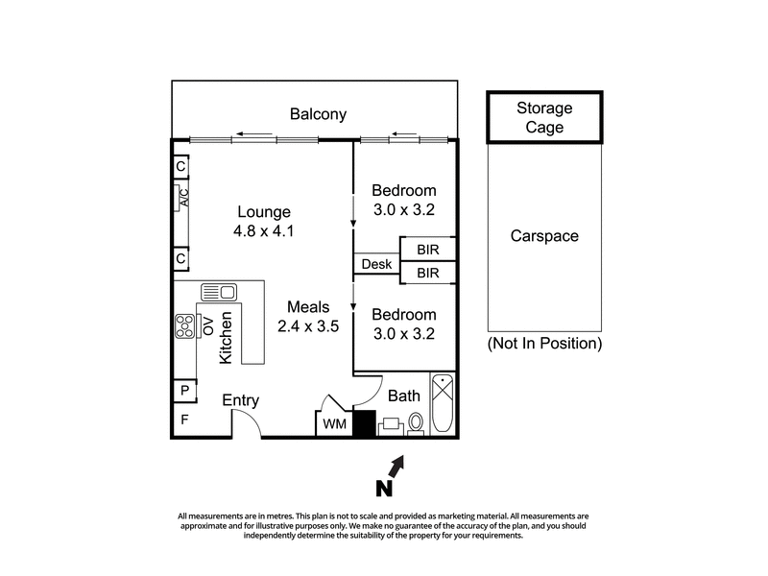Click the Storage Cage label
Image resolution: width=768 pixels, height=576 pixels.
pos(544,117)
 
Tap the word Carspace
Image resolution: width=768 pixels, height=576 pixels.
pos(544,235)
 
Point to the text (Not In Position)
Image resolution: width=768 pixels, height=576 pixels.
pos(544,343)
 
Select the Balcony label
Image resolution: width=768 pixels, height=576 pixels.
pos(318,115)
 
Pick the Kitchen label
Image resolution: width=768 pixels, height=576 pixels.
pos(227,338)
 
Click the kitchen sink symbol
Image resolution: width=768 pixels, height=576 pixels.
pos(219,292)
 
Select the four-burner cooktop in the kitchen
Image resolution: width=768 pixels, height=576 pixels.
pos(184,327)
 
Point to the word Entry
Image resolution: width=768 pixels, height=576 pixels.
pos(241,400)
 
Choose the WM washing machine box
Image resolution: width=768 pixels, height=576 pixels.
pos(334,423)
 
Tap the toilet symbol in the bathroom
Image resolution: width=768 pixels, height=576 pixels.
pos(416,421)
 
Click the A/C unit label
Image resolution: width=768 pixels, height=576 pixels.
pos(184,198)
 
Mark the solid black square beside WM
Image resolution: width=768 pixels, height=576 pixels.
pos(364,423)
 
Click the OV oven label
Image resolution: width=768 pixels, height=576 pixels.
pos(205,326)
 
